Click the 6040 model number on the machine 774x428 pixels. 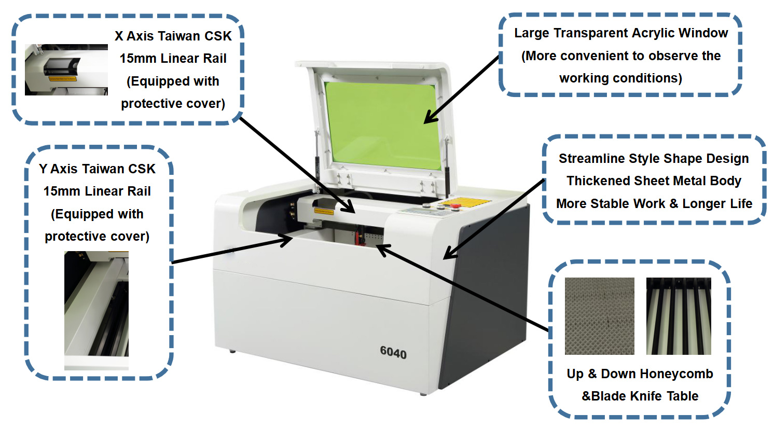click(x=393, y=353)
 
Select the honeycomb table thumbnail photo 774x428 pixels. click(x=599, y=316)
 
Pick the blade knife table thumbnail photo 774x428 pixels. click(x=679, y=316)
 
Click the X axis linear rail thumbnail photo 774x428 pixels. click(x=66, y=70)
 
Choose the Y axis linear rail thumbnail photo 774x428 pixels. click(x=96, y=310)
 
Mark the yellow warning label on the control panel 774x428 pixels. click(x=469, y=201)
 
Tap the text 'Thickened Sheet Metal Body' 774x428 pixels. click(x=654, y=181)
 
